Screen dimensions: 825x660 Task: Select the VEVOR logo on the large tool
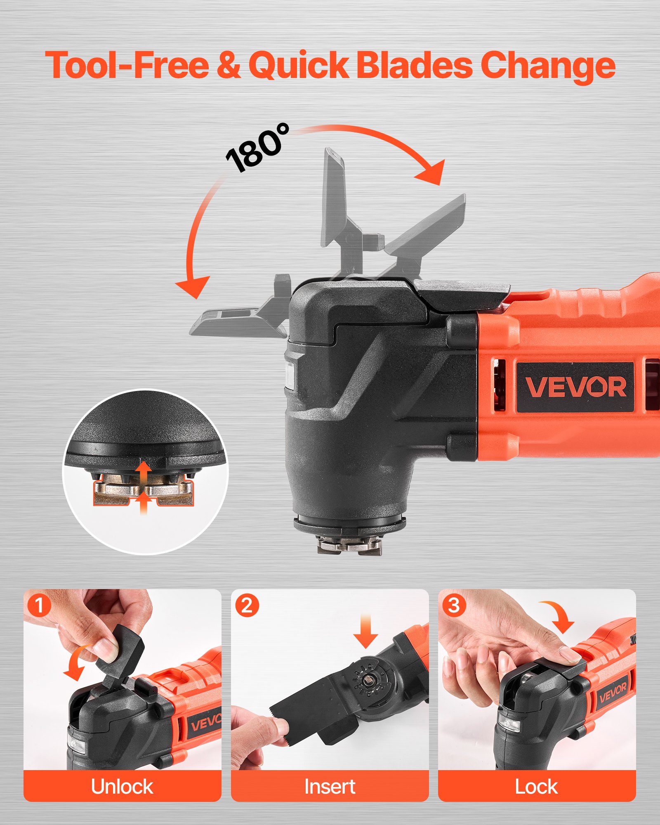575,387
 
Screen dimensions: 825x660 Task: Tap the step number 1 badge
39,606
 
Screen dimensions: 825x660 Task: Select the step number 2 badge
247,606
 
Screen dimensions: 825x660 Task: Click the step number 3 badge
454,606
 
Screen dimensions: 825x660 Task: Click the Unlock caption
122,786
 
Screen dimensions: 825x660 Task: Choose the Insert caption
330,786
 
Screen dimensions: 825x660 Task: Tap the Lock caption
536,786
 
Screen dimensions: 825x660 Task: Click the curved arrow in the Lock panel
559,616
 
